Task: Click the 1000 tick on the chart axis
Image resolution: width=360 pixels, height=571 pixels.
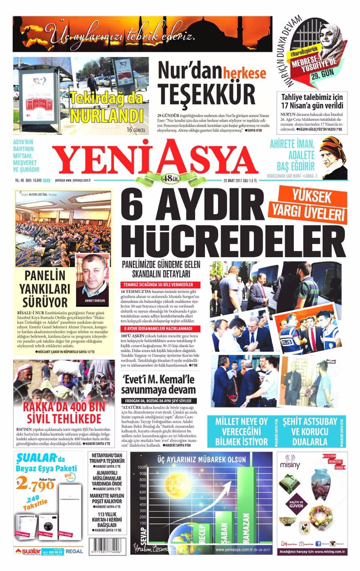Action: [142, 467]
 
